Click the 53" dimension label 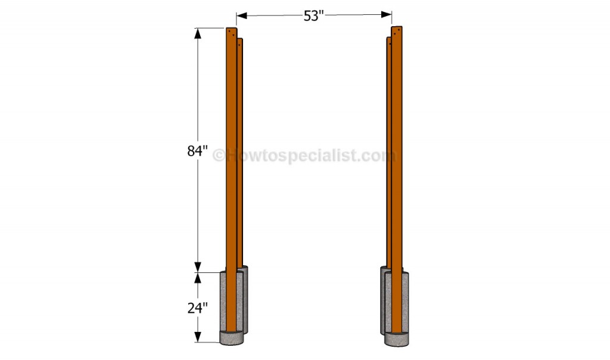point(313,16)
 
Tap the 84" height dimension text point(197,151)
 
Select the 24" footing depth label point(197,308)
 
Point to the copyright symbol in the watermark point(219,156)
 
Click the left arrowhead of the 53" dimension point(242,15)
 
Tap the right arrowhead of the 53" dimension point(386,14)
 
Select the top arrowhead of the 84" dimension point(198,33)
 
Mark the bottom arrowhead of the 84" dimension point(198,266)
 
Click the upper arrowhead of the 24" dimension point(198,278)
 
